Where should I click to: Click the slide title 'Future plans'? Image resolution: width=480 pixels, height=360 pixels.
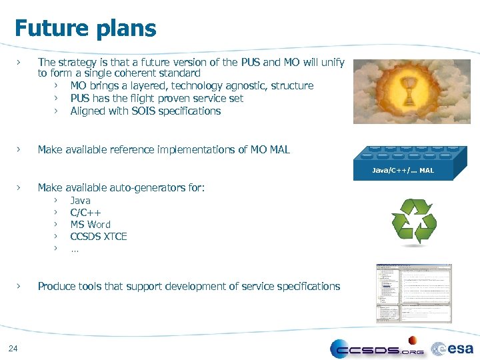pos(85,29)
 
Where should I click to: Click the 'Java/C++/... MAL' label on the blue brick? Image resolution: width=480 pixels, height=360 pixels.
pos(403,171)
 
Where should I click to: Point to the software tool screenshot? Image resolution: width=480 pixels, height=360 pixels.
pos(414,293)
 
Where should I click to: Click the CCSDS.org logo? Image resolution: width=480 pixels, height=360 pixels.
pos(377,349)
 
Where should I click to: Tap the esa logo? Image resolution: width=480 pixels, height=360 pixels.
pos(453,348)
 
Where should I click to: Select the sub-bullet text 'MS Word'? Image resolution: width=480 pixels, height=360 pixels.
pos(90,225)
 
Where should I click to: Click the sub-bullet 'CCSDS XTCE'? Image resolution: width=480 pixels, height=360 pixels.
pos(98,237)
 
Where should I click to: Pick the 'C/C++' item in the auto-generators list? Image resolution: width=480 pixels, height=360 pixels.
pos(85,213)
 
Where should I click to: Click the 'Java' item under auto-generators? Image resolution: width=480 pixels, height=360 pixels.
pos(80,201)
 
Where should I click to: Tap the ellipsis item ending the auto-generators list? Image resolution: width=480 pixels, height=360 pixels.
pos(74,249)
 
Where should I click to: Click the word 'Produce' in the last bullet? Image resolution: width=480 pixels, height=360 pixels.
pos(56,287)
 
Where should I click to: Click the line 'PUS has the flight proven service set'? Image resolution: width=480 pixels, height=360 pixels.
pos(157,99)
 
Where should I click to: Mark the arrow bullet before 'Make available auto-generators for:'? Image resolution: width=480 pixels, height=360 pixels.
pos(21,188)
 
